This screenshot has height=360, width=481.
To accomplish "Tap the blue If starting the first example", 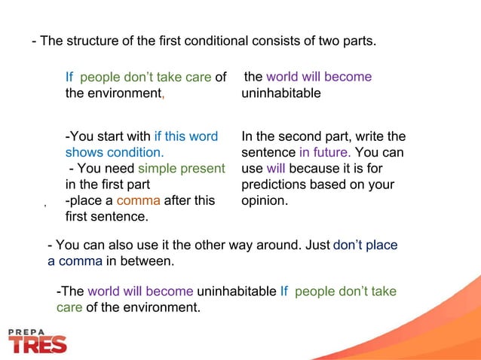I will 69,77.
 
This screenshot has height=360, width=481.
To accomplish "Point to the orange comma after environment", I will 163,95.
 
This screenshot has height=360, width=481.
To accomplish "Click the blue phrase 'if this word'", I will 185,136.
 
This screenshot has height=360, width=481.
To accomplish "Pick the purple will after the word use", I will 275,168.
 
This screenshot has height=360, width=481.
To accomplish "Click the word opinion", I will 265,200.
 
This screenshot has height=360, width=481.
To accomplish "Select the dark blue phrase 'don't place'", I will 365,246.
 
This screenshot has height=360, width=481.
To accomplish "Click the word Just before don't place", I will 314,246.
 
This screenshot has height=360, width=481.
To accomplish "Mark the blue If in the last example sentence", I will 284,291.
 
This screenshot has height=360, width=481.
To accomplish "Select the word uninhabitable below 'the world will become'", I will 281,93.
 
